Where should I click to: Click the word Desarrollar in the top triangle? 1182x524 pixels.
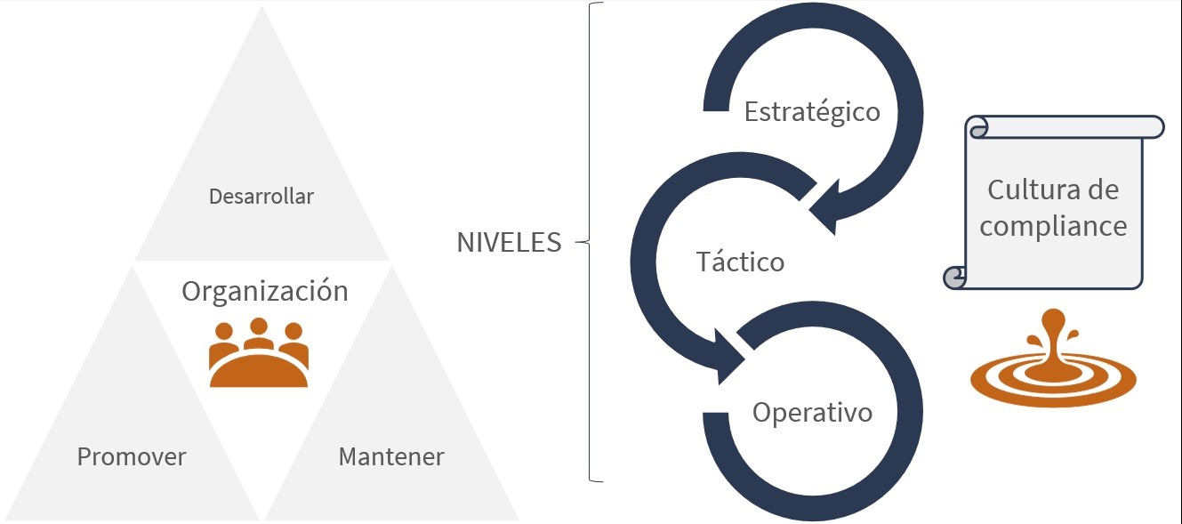tap(261, 197)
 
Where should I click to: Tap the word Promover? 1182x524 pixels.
tap(132, 457)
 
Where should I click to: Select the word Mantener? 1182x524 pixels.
tap(391, 457)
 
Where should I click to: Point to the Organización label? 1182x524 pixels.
tap(265, 291)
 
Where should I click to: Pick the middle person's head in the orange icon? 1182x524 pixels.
tap(259, 326)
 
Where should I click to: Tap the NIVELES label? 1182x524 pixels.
tap(509, 243)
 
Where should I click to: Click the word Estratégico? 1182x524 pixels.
tap(812, 112)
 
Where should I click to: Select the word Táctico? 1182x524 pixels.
tap(740, 262)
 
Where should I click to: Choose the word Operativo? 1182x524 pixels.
tap(812, 413)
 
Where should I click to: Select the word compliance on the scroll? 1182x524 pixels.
tap(1053, 226)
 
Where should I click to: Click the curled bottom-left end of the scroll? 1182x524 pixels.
tap(954, 278)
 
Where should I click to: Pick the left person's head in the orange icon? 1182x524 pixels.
tap(224, 332)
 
